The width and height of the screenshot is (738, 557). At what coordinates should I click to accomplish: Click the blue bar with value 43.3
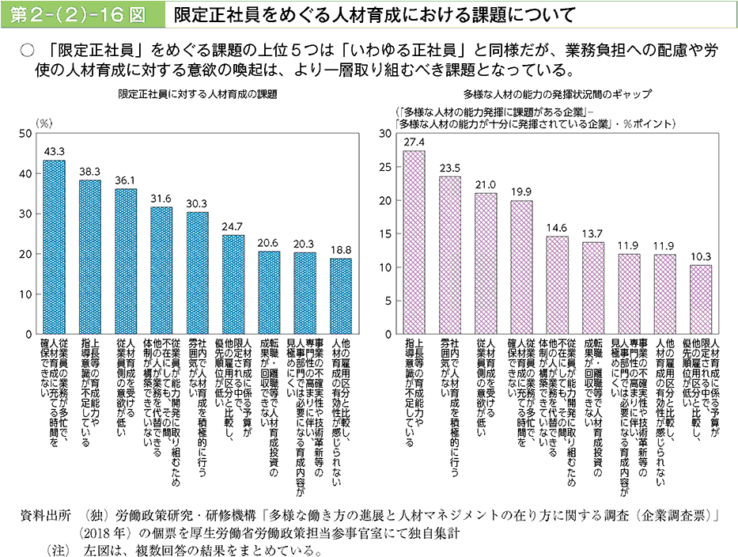coord(54,248)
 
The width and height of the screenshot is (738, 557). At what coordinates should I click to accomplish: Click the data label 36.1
coord(126,180)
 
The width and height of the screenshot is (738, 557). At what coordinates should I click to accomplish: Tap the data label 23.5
coord(450,168)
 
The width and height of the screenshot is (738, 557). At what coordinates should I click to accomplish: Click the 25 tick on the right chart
coord(387,167)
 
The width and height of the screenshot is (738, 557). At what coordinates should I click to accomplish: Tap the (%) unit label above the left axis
coord(44,123)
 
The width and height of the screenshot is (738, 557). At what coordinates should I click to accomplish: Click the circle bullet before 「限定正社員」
coord(27,50)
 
